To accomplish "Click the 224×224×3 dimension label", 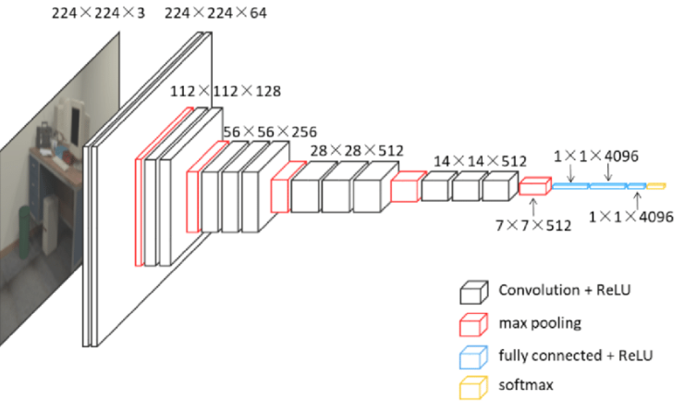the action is tap(98, 13).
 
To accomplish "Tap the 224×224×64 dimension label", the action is tap(215, 13).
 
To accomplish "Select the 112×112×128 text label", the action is tap(226, 91).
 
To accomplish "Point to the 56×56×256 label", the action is tap(270, 132).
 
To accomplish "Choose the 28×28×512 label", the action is tap(357, 151).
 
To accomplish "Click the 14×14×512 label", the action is tap(480, 161).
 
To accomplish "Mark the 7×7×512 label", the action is tap(533, 225).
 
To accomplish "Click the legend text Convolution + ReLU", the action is tap(565, 290).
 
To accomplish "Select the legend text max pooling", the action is tap(540, 323).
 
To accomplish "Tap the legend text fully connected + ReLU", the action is tap(575, 355).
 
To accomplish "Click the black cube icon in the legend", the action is tap(473, 293).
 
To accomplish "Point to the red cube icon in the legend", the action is tap(473, 324).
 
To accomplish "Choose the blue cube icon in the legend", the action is tap(473, 357).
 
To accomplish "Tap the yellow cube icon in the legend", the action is tap(473, 387).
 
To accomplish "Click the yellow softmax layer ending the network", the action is tap(655, 186).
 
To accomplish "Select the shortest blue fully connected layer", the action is tap(637, 186).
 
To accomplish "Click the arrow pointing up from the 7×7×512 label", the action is tap(533, 207).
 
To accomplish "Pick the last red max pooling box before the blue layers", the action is tap(535, 186).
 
